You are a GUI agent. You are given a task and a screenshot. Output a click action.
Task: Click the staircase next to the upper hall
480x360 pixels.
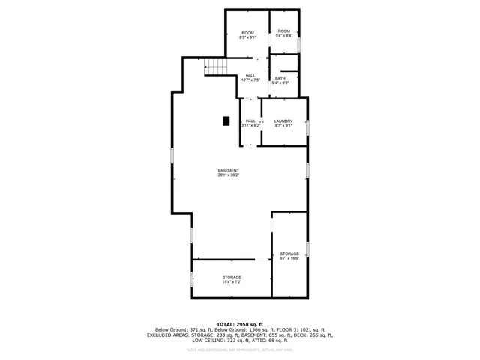216,68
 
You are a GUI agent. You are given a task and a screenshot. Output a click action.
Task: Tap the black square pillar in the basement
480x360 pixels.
226,120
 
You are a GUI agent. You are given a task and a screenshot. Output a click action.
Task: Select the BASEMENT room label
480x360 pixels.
229,171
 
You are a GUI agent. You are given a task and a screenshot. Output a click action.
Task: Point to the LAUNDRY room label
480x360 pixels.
283,121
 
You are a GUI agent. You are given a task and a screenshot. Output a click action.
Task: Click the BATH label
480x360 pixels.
280,78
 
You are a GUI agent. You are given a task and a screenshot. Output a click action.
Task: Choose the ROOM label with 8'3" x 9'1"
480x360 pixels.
247,33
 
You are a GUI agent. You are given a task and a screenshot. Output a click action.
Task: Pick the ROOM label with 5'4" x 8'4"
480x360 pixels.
283,31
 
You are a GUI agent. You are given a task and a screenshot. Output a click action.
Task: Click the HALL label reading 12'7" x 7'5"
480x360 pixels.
250,75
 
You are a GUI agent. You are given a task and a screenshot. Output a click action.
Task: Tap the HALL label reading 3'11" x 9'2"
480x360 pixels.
250,121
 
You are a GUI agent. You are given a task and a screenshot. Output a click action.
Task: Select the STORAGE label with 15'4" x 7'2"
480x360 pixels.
231,277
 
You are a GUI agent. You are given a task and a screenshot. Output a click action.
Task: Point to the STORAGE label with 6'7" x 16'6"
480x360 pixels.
289,253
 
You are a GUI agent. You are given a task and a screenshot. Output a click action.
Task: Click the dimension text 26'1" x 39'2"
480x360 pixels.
229,175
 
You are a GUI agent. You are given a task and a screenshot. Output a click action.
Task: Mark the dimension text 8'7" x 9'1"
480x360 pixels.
283,125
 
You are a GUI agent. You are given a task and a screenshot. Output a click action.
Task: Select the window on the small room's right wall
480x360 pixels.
299,44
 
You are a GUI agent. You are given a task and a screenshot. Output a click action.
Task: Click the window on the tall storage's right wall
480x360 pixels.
307,248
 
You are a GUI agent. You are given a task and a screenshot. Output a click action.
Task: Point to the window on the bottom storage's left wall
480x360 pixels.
191,278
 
